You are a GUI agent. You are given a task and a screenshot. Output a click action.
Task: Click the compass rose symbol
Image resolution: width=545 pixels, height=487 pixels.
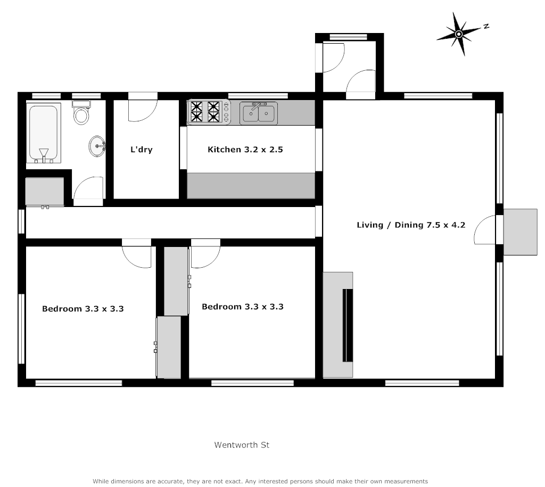point(458,34)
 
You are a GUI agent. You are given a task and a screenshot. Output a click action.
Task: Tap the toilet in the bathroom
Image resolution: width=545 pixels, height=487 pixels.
point(81,113)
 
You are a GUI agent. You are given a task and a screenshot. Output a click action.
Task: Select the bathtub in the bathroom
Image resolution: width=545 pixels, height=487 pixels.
point(43,133)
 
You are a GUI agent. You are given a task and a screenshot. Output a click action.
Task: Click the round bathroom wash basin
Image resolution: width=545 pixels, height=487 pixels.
point(97,146)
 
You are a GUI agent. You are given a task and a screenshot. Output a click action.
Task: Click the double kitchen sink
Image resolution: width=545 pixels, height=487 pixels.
point(258,113)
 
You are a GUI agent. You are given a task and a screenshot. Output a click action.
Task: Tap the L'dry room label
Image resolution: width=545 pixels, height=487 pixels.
point(142,150)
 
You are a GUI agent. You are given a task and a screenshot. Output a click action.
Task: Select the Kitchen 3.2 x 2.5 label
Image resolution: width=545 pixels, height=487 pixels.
point(245,150)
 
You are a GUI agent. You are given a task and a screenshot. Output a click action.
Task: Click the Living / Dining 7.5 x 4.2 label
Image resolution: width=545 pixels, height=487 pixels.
point(411,225)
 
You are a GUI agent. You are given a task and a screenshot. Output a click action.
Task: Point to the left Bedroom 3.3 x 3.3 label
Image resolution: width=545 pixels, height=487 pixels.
point(83,308)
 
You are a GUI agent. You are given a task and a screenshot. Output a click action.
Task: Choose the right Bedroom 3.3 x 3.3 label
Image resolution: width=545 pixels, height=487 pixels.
point(243,307)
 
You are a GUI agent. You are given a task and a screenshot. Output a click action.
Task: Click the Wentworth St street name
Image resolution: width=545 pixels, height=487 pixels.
point(242,444)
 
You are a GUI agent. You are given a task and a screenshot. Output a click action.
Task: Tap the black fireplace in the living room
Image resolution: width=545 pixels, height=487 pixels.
point(347,325)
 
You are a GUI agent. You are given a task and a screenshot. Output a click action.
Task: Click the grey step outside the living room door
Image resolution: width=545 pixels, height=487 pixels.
point(520,232)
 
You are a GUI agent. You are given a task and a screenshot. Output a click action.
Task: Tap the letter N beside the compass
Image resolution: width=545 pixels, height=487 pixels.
point(486,26)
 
